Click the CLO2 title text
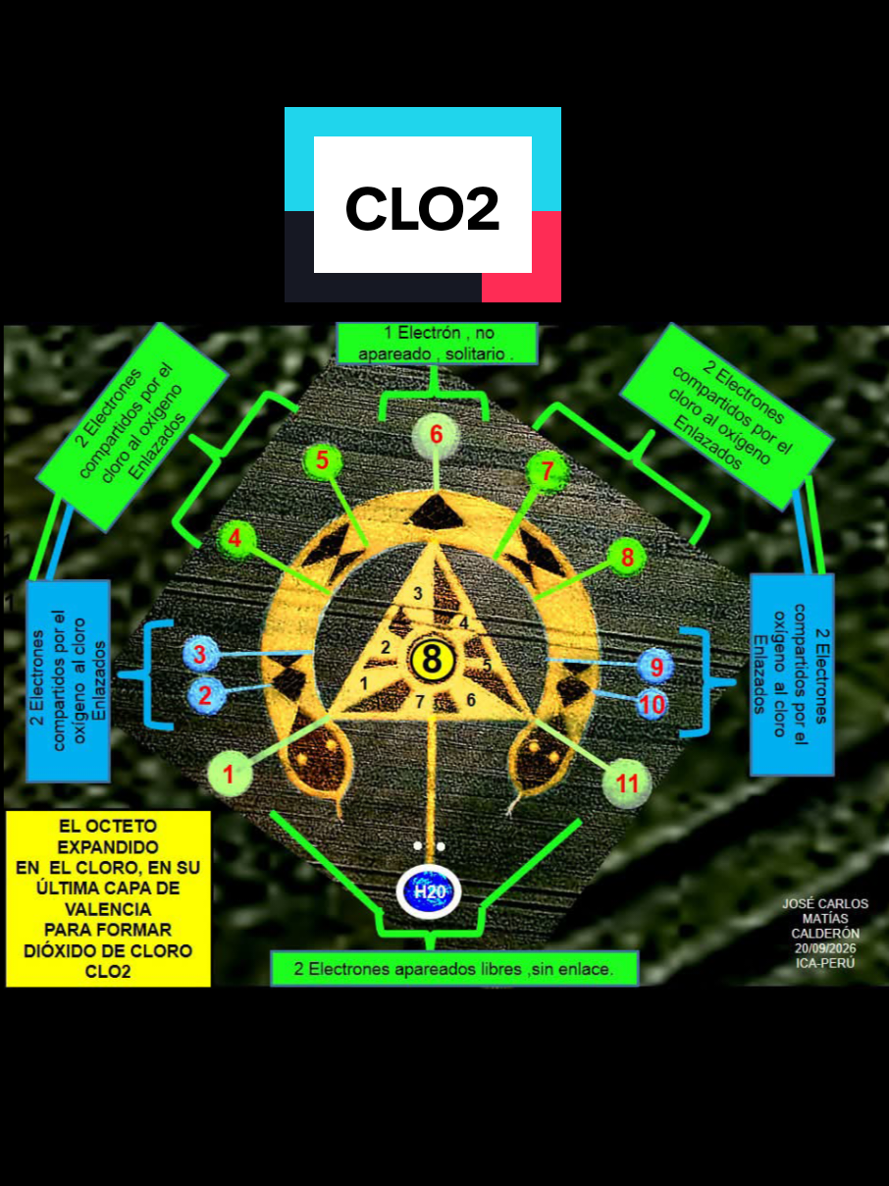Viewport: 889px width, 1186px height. tap(422, 208)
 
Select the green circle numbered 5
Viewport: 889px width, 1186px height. tap(322, 460)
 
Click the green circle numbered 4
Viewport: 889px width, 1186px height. tap(235, 539)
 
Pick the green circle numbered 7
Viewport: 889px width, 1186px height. tap(548, 470)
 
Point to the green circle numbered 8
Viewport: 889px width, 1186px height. tap(627, 557)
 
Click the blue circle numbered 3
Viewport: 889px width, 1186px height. tap(200, 654)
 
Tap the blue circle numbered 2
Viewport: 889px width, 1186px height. tap(205, 695)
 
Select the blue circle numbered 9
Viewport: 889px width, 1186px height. tap(655, 667)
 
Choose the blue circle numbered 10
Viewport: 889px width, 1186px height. tap(652, 705)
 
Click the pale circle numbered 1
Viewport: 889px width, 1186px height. tap(230, 774)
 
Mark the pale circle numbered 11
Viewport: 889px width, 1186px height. tap(627, 782)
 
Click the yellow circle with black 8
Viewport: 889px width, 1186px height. tap(432, 660)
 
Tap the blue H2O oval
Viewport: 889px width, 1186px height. tap(429, 891)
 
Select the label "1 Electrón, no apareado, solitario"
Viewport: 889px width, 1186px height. tap(438, 343)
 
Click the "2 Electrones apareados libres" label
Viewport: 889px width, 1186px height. tap(454, 969)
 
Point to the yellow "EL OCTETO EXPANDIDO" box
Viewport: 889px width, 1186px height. tap(108, 898)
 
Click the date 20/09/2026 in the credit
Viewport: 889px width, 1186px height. tap(825, 948)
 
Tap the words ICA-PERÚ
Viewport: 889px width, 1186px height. tap(825, 963)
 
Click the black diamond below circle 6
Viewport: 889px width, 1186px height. tap(436, 512)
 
